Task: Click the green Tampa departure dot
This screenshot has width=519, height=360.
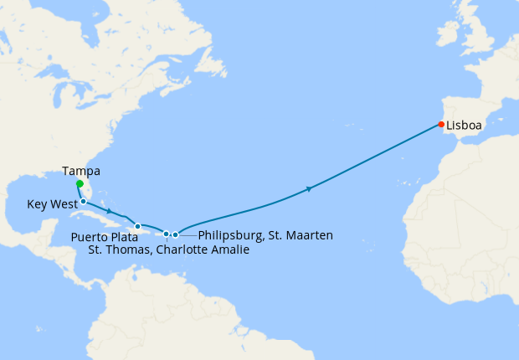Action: pos(79,184)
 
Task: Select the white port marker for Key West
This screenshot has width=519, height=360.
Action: pos(84,202)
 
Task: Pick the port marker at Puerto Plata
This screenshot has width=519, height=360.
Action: pos(137,226)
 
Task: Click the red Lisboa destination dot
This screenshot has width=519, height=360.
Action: pos(441,125)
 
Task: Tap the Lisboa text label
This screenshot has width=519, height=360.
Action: pos(464,126)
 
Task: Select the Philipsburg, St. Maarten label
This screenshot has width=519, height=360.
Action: pos(265,235)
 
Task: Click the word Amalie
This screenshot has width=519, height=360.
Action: pos(229,249)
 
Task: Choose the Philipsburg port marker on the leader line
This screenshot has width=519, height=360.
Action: pos(175,234)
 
